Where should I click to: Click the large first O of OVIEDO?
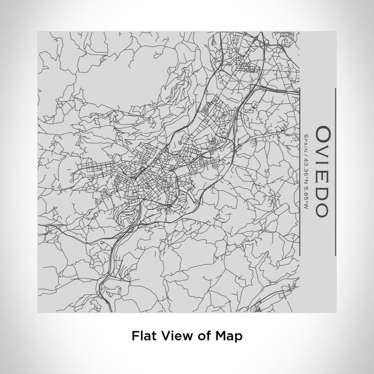[323, 133]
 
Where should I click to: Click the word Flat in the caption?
[143, 336]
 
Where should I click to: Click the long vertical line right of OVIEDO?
[336, 171]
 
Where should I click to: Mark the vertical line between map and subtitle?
[301, 171]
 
